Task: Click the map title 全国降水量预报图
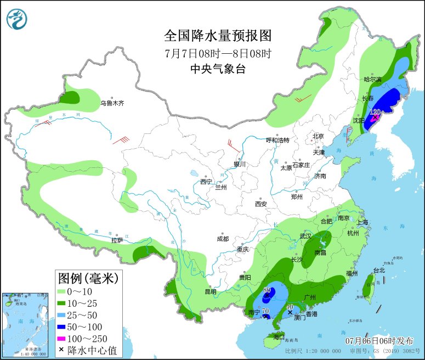218,36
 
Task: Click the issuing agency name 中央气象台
218,69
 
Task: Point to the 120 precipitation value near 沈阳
375,112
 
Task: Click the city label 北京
318,136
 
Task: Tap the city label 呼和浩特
277,140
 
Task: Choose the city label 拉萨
117,240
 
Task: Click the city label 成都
223,239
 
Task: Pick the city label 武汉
305,236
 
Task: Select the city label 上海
362,222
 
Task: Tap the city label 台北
379,270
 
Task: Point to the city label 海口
279,336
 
